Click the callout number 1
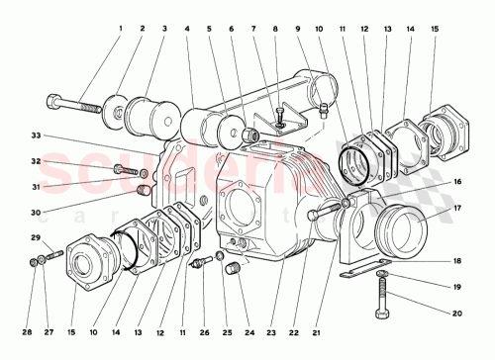[x=120, y=30]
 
